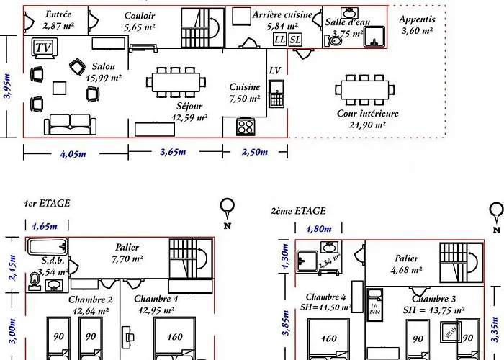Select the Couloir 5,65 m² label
[139, 21]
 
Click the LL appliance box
[279, 40]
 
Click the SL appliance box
[295, 40]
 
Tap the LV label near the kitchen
[275, 70]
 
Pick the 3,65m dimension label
[172, 152]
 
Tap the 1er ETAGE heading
[47, 204]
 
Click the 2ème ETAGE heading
[298, 211]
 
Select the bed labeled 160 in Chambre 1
[174, 337]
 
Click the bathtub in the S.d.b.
[48, 247]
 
